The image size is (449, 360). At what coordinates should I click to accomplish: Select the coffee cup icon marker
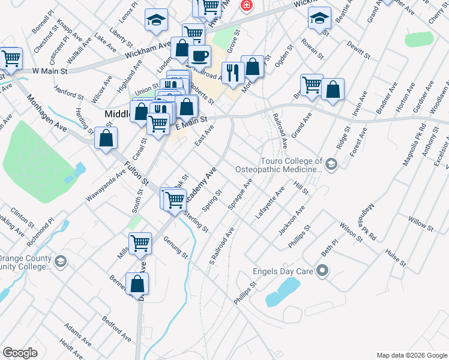coord(199,56)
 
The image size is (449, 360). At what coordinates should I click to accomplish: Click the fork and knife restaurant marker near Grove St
coord(232,72)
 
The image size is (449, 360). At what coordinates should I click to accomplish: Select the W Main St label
coord(49,71)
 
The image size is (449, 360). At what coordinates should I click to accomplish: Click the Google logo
coord(20,353)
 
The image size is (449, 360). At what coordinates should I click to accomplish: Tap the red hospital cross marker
coord(246,6)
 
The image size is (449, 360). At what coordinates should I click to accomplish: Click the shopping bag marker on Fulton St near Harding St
coord(106,138)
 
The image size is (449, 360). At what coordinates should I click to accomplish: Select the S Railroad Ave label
coord(221,246)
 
